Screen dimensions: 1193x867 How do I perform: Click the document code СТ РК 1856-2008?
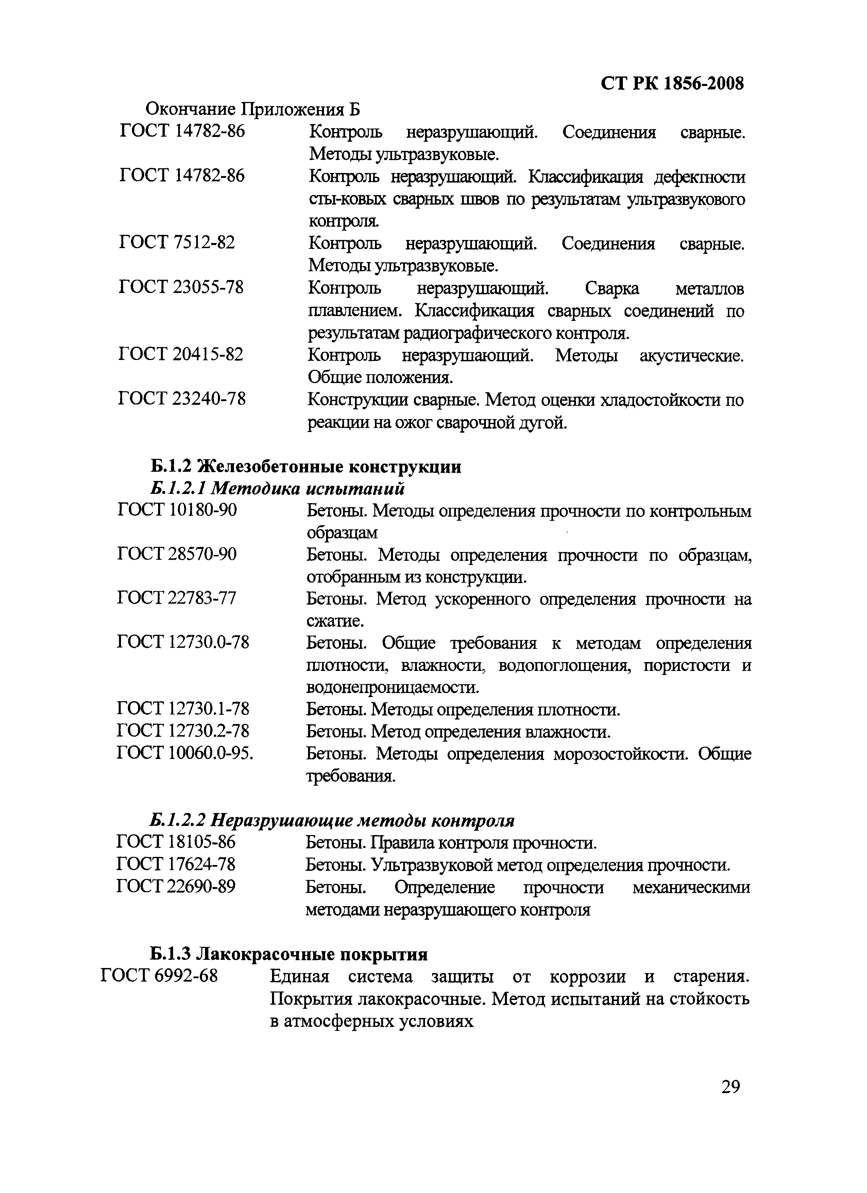click(x=672, y=84)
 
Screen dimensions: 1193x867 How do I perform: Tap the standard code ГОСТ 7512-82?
click(x=177, y=242)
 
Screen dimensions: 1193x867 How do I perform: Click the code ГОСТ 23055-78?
click(x=182, y=287)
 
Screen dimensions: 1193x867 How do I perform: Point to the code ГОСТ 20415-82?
click(x=181, y=355)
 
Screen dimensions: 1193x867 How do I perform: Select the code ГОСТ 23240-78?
click(x=182, y=399)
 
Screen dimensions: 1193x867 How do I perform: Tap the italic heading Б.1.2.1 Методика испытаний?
click(x=277, y=489)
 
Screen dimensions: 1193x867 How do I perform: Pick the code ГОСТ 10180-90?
click(x=177, y=510)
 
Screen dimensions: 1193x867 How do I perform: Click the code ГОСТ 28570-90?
click(x=177, y=554)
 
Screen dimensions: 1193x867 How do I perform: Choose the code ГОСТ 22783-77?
click(x=177, y=598)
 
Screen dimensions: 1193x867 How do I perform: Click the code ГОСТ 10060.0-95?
click(x=185, y=753)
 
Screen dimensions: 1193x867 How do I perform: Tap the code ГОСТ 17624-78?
click(x=176, y=864)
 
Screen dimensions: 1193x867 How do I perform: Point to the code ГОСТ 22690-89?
click(x=176, y=887)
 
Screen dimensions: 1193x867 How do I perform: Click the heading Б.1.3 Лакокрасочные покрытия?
click(x=288, y=954)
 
